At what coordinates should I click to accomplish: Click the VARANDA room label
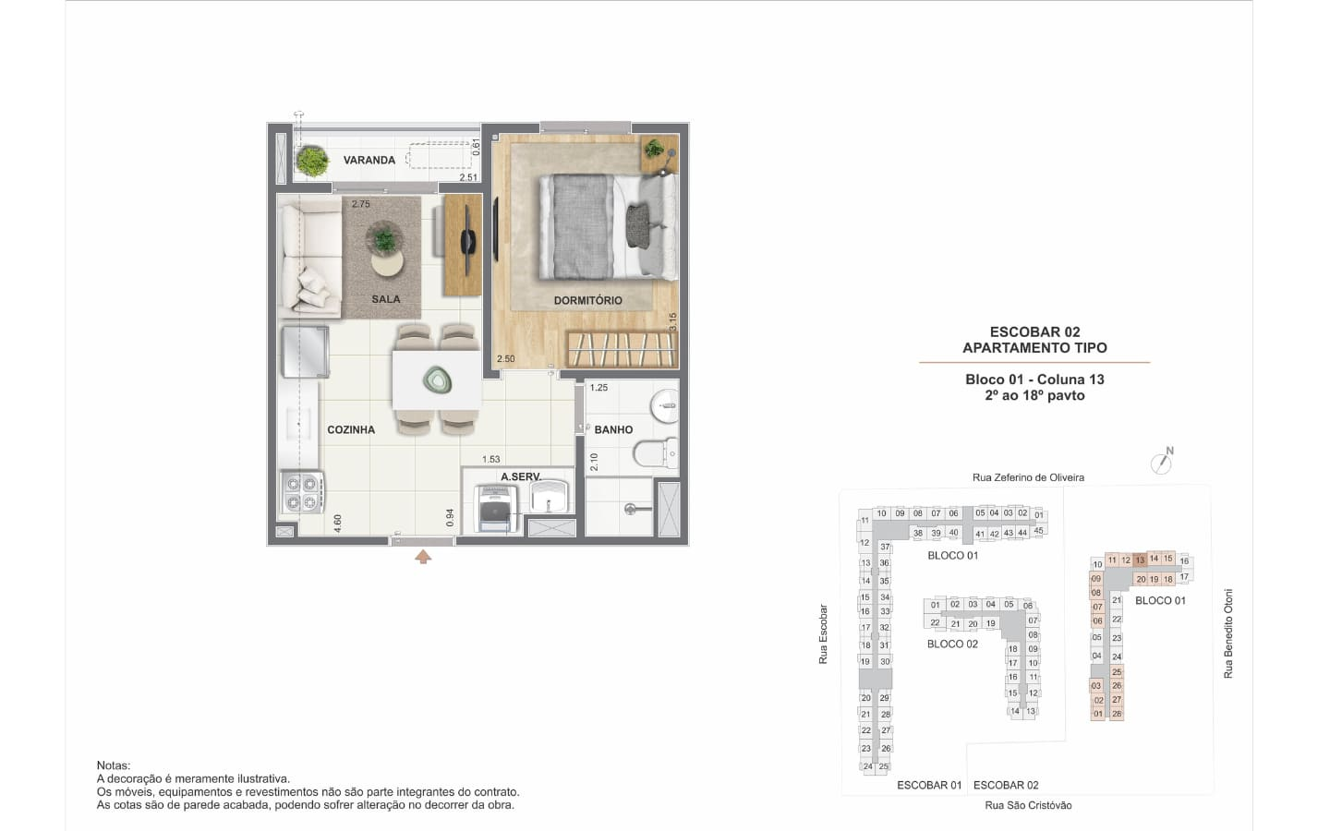[x=369, y=160]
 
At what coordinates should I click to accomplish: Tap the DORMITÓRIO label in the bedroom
[x=587, y=300]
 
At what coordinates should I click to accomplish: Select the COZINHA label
[x=351, y=429]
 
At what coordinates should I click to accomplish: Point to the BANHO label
[x=613, y=429]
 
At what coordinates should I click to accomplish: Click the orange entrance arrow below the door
[x=423, y=557]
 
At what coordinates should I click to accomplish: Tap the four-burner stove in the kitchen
[x=302, y=492]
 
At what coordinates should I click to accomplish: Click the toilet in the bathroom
[x=656, y=454]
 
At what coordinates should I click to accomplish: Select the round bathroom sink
[x=664, y=405]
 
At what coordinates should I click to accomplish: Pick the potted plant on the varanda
[x=312, y=161]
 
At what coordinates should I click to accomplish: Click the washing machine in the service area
[x=495, y=509]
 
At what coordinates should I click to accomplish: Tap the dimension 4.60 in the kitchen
[x=337, y=523]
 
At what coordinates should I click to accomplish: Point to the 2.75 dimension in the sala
[x=360, y=204]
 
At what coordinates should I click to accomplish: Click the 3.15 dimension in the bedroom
[x=672, y=321]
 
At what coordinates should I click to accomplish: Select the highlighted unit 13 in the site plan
[x=1140, y=560]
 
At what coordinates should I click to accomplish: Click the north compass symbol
[x=1162, y=462]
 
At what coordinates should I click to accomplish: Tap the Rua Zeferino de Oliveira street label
[x=1028, y=477]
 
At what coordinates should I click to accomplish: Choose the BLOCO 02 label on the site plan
[x=952, y=644]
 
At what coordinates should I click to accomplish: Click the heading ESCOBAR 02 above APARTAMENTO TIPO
[x=1034, y=331]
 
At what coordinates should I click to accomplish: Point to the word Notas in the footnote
[x=114, y=765]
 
